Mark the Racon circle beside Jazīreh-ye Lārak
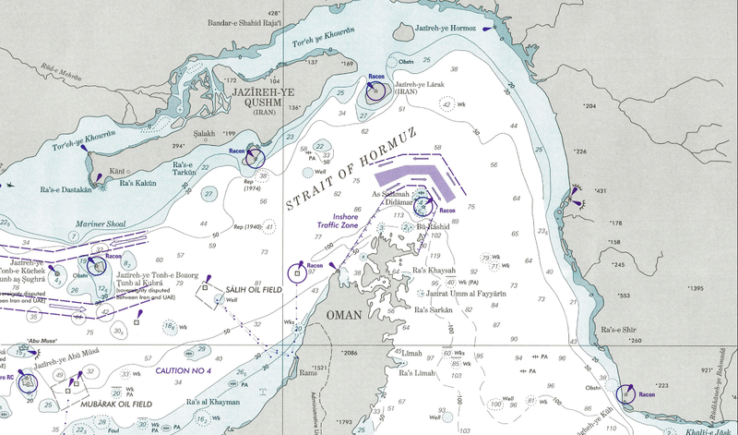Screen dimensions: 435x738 (x=374, y=91)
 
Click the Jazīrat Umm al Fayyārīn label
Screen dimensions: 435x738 (x=448, y=291)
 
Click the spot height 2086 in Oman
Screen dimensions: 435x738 (x=348, y=354)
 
